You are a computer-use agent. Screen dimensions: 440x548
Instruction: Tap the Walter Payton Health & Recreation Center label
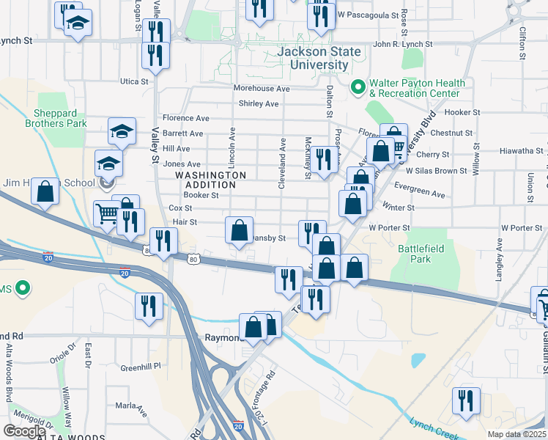(415, 88)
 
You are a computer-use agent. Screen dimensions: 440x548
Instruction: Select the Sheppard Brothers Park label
(60, 118)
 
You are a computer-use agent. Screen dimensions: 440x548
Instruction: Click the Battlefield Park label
(421, 254)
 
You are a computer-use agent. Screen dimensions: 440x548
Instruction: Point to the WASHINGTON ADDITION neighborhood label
(210, 180)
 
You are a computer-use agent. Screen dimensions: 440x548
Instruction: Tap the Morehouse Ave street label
(262, 88)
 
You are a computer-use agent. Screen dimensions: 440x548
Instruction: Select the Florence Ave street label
(185, 118)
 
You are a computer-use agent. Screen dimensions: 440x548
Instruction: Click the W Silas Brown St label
(436, 171)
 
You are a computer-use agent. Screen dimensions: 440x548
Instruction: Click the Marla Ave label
(131, 405)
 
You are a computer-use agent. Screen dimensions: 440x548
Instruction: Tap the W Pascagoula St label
(372, 15)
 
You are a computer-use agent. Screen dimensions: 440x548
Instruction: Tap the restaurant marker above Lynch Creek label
(465, 400)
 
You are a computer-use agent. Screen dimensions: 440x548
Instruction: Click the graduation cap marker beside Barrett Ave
(122, 131)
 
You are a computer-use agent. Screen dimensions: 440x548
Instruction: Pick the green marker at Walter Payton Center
(358, 87)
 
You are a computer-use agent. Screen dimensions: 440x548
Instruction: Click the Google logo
(24, 430)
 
